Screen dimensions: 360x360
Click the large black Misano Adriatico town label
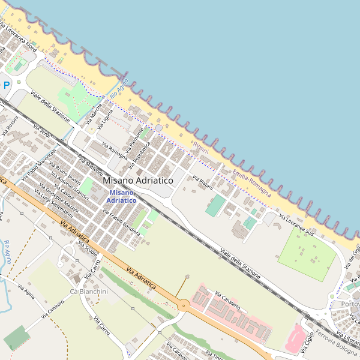tap(138, 180)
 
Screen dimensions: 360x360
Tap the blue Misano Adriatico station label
tap(122, 196)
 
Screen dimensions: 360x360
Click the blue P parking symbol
tap(7, 86)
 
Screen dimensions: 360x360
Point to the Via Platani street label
tap(203, 182)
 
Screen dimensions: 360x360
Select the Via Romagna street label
tap(115, 151)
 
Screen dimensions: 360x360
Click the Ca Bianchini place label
tap(89, 292)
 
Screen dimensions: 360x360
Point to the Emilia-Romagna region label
tap(251, 183)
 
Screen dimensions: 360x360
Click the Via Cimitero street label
tap(52, 310)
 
